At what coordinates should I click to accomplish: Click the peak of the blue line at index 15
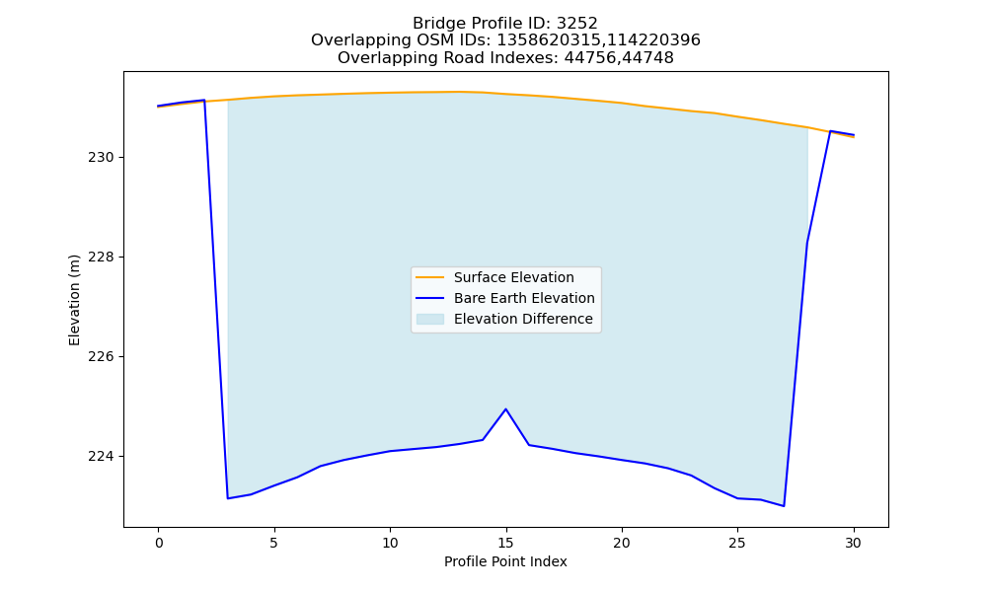505,408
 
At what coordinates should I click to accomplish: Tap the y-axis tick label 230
102,157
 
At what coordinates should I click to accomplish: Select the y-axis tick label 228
102,258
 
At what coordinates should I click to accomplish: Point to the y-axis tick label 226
102,357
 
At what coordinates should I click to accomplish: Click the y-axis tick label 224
102,456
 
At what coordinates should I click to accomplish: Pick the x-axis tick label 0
159,543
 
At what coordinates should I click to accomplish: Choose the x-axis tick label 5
273,543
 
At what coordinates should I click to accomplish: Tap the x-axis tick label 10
390,543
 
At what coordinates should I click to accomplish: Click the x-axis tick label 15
506,543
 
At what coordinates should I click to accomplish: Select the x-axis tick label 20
622,543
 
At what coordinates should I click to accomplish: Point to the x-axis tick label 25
737,543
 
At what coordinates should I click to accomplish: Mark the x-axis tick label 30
853,543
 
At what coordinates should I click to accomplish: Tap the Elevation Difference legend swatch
430,319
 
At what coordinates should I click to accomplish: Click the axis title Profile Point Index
505,561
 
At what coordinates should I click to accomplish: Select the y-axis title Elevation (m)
74,300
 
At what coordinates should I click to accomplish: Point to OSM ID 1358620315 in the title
545,40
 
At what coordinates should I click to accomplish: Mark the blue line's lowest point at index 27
784,506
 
